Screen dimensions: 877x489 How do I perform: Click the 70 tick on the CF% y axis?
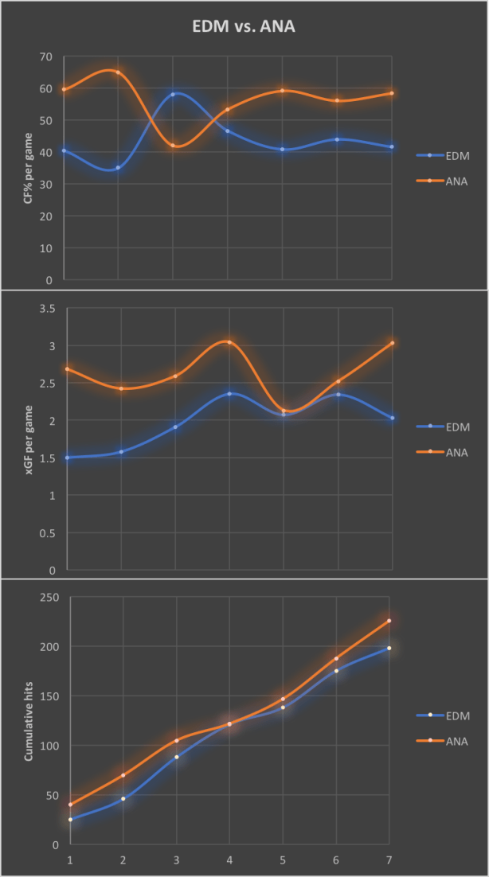point(45,57)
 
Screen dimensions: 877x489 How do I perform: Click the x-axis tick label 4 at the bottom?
point(229,859)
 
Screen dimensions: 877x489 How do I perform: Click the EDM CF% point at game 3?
point(173,94)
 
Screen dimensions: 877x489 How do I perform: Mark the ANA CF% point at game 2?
point(119,72)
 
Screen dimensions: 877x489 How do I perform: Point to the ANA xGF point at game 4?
point(229,342)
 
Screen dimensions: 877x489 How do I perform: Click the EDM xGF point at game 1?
point(67,458)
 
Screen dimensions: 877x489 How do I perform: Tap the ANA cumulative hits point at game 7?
point(389,621)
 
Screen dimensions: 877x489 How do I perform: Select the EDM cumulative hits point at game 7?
point(389,648)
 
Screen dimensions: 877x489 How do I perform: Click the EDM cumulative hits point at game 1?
point(70,819)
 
